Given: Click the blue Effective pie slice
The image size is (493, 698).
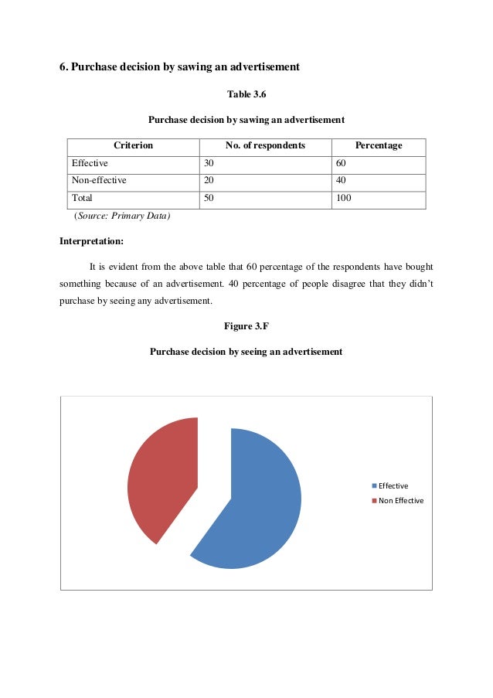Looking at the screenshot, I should (255, 502).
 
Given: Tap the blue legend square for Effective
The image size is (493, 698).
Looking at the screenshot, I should (374, 485).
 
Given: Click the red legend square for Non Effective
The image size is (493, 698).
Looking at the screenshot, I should (374, 500).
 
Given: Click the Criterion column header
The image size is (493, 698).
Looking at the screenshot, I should (133, 145).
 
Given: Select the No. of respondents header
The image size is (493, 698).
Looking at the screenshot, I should (265, 145).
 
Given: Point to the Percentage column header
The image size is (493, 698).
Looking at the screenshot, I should (378, 145).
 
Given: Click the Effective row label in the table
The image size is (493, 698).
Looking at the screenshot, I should (90, 163).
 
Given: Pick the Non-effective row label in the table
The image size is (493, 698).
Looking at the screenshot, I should (99, 180).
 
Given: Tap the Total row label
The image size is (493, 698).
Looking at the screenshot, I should (82, 198).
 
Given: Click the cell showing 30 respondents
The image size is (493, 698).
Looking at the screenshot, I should (209, 163).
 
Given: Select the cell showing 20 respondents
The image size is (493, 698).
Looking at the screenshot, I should (209, 180).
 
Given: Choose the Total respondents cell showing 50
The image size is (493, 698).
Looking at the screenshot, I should (209, 198).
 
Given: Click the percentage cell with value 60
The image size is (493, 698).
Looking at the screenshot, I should (341, 163).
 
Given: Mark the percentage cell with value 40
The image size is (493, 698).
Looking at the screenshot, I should (341, 180).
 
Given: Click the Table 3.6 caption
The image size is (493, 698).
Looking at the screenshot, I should (246, 94).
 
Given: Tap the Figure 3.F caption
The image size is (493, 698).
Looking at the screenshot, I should (246, 326).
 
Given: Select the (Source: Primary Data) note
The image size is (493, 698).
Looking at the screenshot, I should (121, 216).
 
